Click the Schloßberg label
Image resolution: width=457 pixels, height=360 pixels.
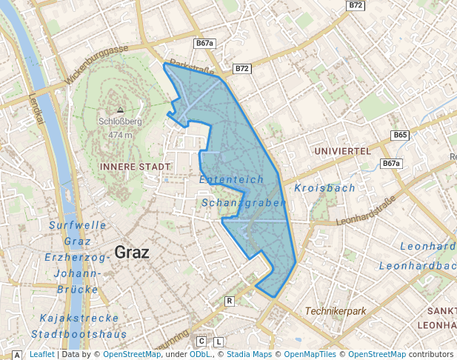(x=119, y=122)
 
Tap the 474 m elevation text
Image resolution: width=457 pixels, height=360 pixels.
(x=119, y=135)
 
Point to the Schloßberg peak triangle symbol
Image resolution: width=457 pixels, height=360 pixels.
(x=120, y=110)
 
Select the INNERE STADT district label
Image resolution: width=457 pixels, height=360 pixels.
(x=134, y=167)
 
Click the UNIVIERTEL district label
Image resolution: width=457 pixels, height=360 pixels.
(x=342, y=150)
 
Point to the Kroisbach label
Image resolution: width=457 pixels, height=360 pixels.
(x=324, y=188)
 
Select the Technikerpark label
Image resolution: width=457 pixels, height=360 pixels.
(x=336, y=311)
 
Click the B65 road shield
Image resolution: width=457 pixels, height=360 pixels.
(x=400, y=136)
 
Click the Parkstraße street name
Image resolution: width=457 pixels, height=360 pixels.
(x=192, y=67)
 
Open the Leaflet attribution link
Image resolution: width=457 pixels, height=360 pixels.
(x=41, y=354)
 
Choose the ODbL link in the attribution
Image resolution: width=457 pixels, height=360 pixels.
(x=199, y=354)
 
